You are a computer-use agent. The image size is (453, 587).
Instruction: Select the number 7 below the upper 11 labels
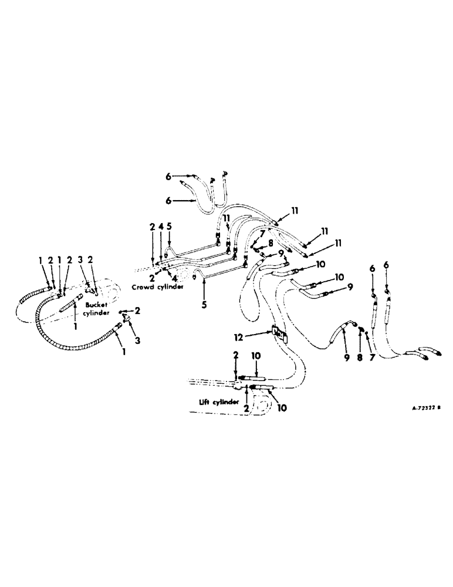point(255,233)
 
